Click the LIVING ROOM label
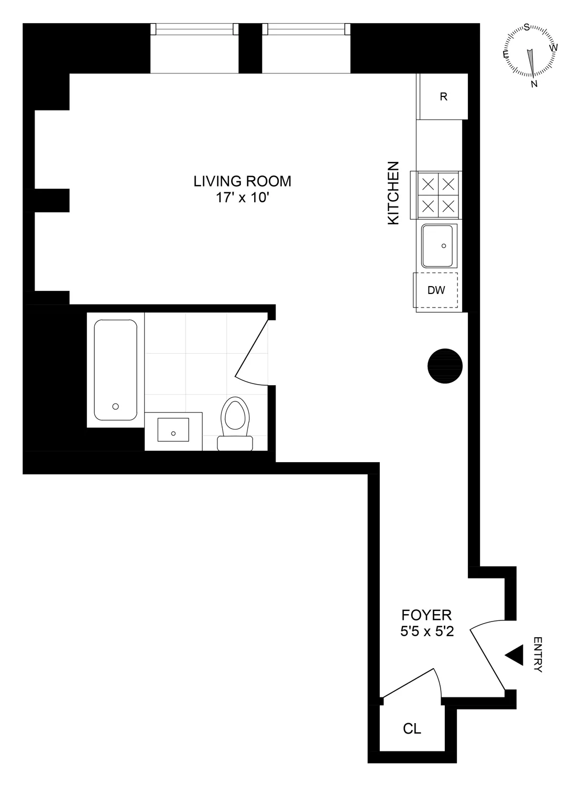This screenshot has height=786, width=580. pos(242,181)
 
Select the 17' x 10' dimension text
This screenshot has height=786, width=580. pos(242,198)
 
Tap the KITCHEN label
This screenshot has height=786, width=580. pos(393,193)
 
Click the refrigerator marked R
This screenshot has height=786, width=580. pos(443,97)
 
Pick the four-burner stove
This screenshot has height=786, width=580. pos(437,195)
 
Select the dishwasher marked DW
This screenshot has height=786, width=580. pos(436,290)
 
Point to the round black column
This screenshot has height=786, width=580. pos(445,366)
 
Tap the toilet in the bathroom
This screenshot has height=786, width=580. pos(234,422)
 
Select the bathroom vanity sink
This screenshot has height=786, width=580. pos(173,430)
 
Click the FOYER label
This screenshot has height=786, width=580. pos(426,615)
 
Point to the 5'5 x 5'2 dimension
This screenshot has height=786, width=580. pos(426,632)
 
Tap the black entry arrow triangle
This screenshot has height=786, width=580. pos(515,655)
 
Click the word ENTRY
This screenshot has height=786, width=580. pos(538,655)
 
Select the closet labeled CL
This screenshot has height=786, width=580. pos(412,728)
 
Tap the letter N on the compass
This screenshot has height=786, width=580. pos(534,84)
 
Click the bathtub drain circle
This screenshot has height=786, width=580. pos(116,406)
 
